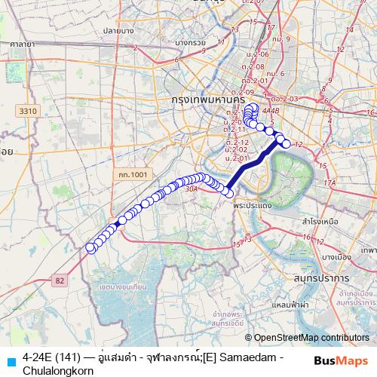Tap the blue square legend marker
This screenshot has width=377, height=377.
pyautogui.click(x=10, y=360)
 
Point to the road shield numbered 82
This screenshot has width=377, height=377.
pyautogui.click(x=60, y=280)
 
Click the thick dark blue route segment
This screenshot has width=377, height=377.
pyautogui.click(x=249, y=165)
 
